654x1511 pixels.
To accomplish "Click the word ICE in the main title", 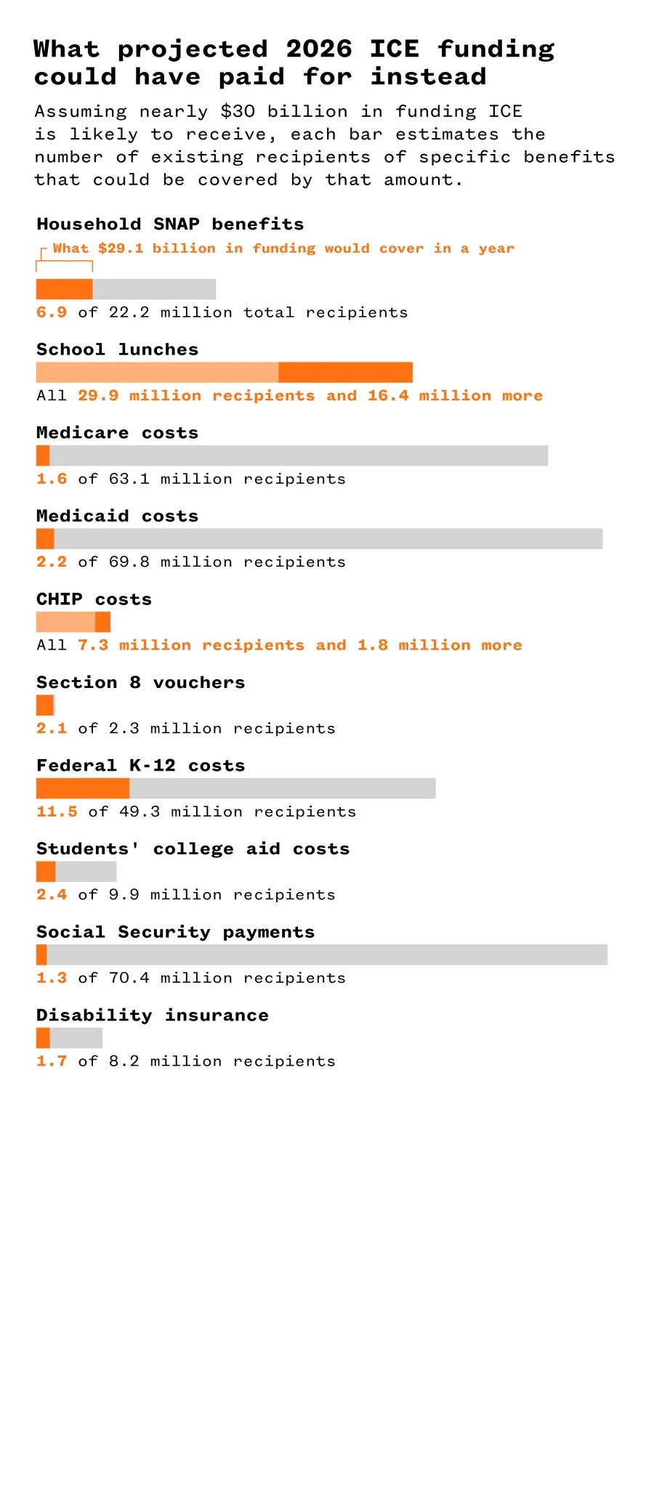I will [394, 49].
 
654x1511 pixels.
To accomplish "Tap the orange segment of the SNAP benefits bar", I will [64, 289].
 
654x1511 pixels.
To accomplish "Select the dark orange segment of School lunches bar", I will [345, 373].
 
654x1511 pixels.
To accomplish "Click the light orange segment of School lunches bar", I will [157, 373].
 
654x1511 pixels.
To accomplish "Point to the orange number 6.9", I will [52, 312].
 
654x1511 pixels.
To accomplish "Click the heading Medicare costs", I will [117, 433].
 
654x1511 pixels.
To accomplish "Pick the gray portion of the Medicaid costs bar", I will [327, 539].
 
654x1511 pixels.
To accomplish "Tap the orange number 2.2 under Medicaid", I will [52, 562].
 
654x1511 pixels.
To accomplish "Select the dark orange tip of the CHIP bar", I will [102, 622].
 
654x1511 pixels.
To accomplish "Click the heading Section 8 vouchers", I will [140, 683].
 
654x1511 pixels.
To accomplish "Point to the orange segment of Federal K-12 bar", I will [82, 788].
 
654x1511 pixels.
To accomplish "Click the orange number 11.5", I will [57, 812].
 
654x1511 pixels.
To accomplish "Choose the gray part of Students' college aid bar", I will [86, 872].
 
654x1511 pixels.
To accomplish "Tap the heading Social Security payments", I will [175, 932].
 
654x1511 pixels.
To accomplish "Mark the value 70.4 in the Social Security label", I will [129, 979].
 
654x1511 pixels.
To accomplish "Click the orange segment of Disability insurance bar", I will [43, 1038].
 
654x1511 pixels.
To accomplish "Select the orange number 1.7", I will [52, 1061].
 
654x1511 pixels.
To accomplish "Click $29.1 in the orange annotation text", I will [121, 248].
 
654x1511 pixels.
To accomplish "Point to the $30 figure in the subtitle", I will [238, 112].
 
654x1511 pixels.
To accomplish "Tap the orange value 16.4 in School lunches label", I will [387, 396].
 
